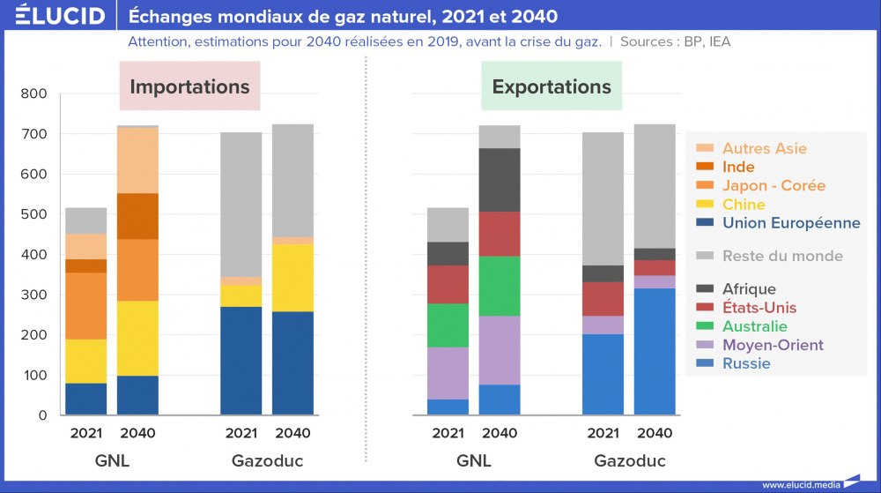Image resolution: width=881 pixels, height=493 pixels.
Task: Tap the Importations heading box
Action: pos(189,86)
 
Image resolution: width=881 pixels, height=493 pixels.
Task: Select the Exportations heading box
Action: pos(552,86)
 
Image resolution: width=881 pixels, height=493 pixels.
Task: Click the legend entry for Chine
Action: pos(744,205)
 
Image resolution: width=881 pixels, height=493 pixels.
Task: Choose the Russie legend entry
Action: pos(746,363)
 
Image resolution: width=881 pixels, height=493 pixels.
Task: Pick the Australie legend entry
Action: pos(754,326)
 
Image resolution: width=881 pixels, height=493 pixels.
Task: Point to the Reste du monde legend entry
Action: pos(782,256)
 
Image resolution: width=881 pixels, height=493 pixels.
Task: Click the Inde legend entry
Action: pos(738,167)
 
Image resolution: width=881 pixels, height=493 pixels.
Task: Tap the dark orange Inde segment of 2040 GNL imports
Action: pos(137,216)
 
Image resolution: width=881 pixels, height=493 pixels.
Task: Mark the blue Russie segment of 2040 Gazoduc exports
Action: pos(655,351)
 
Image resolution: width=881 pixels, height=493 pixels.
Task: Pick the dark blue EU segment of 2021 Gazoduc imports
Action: pos(241,361)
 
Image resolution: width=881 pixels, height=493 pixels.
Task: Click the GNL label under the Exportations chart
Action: pos(474,461)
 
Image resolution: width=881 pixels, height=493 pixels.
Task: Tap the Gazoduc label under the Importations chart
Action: pos(267,461)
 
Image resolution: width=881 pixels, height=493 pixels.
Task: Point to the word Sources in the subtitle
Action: pos(649,41)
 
